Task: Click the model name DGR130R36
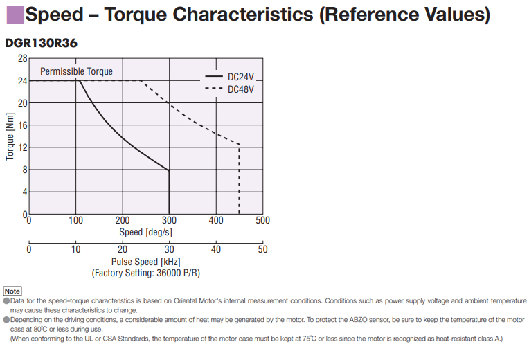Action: (x=41, y=43)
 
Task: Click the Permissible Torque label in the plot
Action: (x=76, y=71)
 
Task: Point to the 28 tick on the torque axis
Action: (x=23, y=58)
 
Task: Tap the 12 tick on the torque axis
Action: (x=22, y=147)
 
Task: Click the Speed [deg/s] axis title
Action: (x=145, y=232)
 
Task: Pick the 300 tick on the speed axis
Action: (x=169, y=221)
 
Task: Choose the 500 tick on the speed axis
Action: (x=262, y=221)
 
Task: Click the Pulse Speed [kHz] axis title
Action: (x=145, y=262)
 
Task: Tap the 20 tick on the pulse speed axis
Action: (x=123, y=250)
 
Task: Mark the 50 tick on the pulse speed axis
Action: (x=262, y=250)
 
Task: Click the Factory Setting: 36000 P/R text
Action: (x=145, y=273)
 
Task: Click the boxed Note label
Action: (x=12, y=291)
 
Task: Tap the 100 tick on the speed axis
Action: (x=75, y=221)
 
